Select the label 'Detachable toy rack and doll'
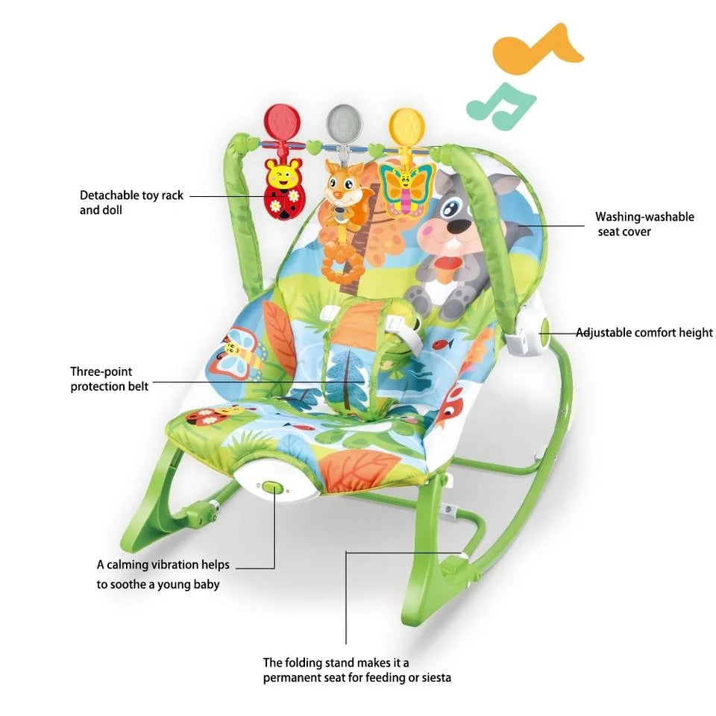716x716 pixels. (131, 202)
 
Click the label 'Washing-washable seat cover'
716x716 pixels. (644, 224)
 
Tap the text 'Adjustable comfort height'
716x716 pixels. (644, 333)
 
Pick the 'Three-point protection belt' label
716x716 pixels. (110, 378)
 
